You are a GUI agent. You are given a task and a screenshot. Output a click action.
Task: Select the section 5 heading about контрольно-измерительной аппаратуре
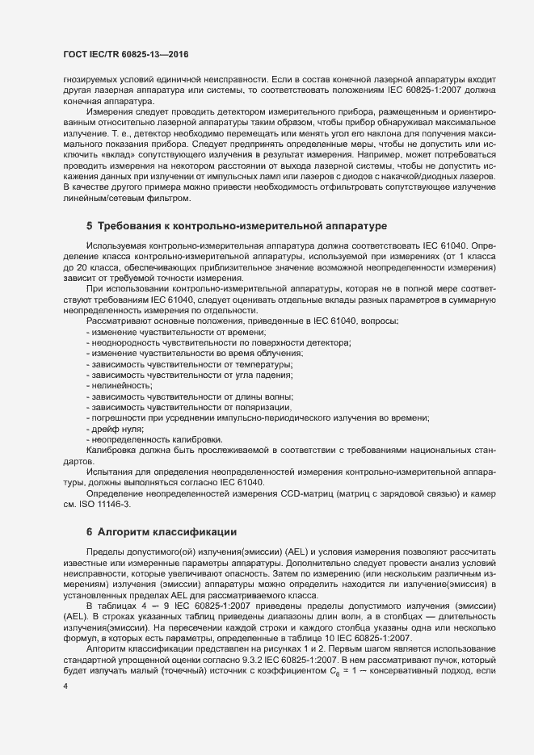click(238, 224)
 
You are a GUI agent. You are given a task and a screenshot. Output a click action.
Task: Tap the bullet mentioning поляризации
click(188, 407)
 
